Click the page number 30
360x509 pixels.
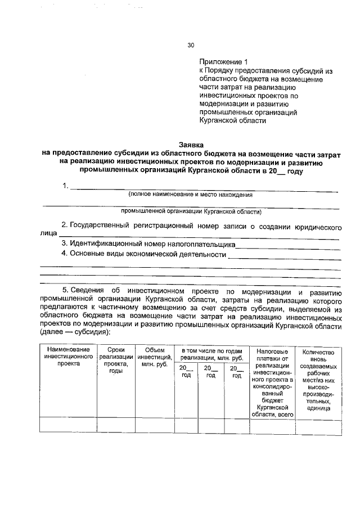191,46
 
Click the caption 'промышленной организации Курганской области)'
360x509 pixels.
191,212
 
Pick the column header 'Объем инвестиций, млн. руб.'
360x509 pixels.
154,357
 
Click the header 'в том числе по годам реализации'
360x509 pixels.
211,355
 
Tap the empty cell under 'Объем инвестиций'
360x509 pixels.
154,426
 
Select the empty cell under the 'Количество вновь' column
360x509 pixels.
318,426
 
